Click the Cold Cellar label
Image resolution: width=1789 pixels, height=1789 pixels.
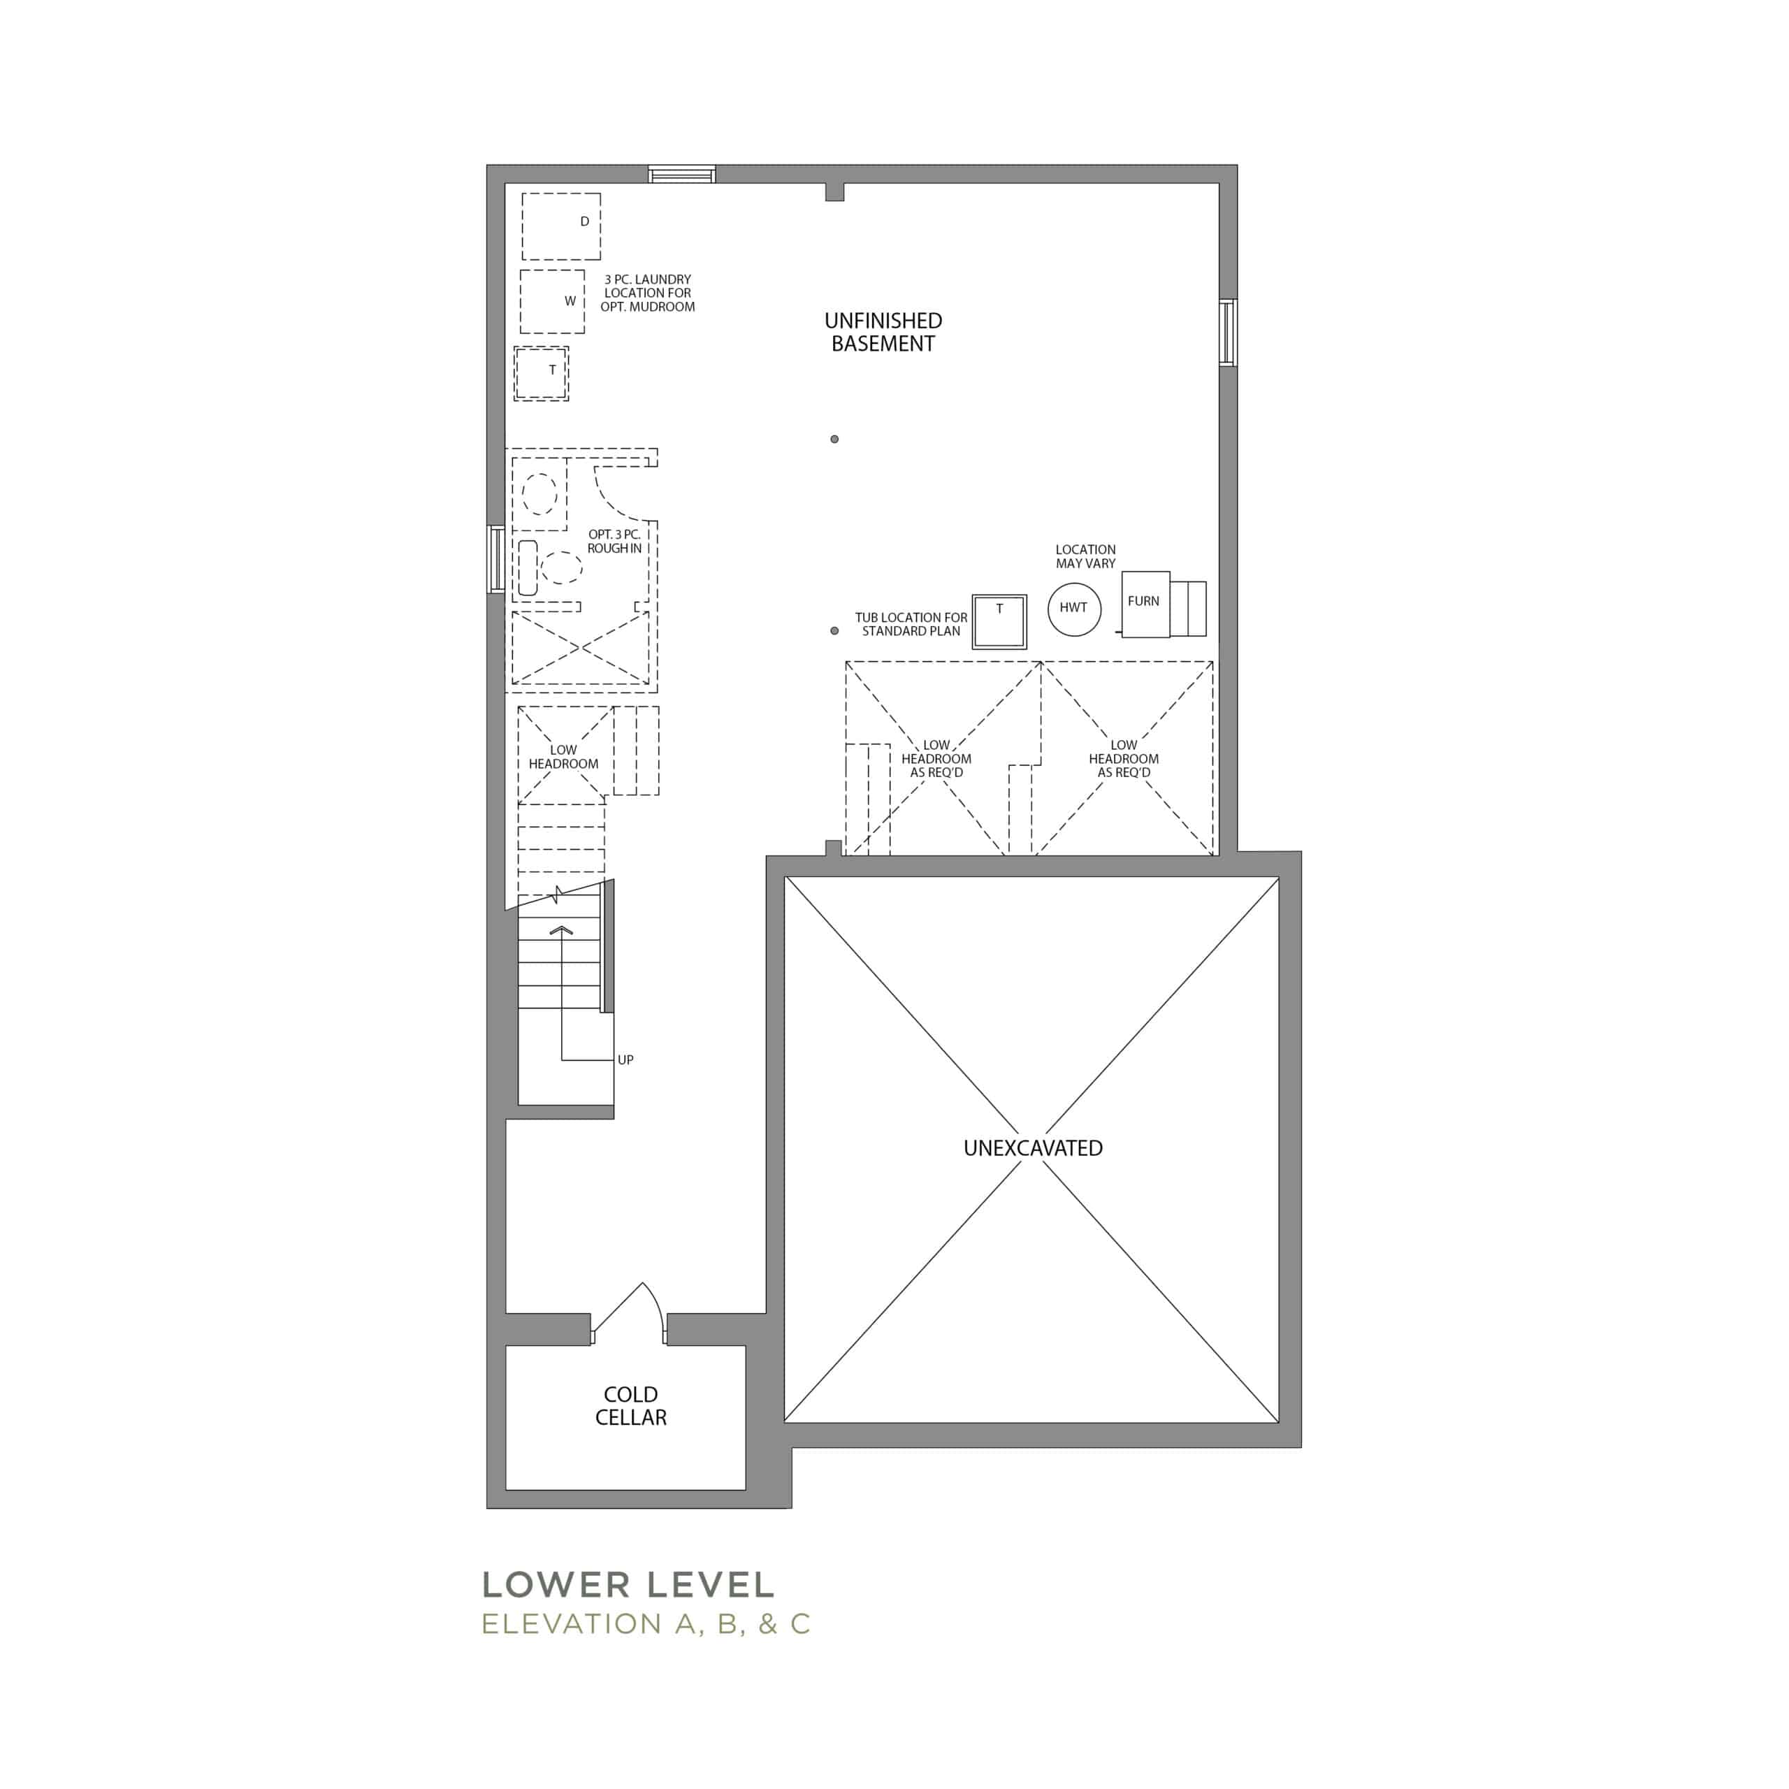pyautogui.click(x=630, y=1405)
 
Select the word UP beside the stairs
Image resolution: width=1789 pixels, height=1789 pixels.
pyautogui.click(x=626, y=1059)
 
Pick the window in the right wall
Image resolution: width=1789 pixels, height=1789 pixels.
pyautogui.click(x=1228, y=333)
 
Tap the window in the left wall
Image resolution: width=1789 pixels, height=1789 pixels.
pyautogui.click(x=496, y=558)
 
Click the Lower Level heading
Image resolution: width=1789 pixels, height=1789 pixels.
pyautogui.click(x=628, y=1584)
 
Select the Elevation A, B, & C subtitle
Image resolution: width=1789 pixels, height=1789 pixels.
pyautogui.click(x=646, y=1624)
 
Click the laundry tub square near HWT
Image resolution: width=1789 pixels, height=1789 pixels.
pyautogui.click(x=999, y=621)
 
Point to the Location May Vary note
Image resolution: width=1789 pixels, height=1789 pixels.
pyautogui.click(x=1085, y=556)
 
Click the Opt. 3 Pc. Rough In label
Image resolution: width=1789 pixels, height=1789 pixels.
pyautogui.click(x=614, y=542)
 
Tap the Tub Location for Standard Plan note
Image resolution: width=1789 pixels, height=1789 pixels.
pyautogui.click(x=911, y=624)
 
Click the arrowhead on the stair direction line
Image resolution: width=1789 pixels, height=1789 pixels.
pyautogui.click(x=561, y=929)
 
